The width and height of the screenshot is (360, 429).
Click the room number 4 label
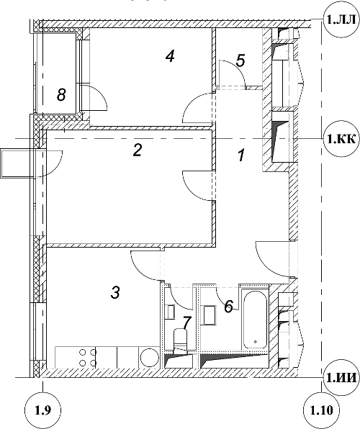point(171,57)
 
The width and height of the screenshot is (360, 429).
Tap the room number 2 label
point(138,150)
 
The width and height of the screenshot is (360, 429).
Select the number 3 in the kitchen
point(115,292)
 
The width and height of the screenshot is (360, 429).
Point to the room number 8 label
point(61,95)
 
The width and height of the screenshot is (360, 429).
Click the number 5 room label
point(240,60)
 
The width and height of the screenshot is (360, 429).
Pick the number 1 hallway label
point(240,155)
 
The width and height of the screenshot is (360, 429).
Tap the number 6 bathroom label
point(228,306)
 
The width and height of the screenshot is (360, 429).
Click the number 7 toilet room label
point(186,323)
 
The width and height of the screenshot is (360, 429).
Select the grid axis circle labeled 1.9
point(42,410)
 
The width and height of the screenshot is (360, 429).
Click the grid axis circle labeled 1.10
point(322,410)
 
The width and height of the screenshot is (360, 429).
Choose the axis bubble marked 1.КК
point(341,139)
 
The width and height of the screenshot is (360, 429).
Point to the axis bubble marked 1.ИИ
point(341,378)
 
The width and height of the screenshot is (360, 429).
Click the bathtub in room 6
point(255,320)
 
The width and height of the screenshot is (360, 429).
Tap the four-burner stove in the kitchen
point(88,357)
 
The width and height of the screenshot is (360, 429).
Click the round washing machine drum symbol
point(150,357)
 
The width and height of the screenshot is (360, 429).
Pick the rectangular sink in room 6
point(210,315)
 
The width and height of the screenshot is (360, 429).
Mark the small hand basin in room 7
point(171,312)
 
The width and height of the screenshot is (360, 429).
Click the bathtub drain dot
point(255,341)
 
